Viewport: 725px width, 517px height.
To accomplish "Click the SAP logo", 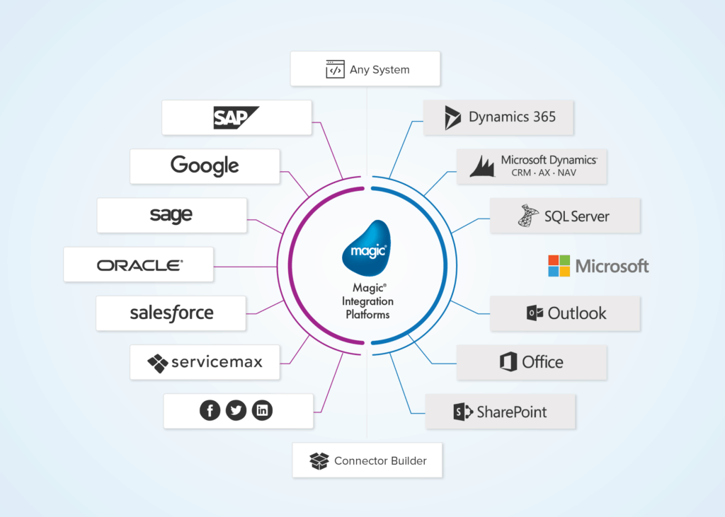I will click(236, 117).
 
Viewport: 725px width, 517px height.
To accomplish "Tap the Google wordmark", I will click(205, 166).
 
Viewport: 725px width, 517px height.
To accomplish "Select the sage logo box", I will click(171, 215).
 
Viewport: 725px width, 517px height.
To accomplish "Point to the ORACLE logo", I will click(139, 265).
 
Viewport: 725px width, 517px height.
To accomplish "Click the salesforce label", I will click(171, 313).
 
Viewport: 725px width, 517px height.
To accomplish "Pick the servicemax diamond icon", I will click(157, 363).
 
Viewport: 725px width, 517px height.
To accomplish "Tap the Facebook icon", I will click(210, 410).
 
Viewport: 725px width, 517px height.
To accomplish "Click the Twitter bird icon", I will click(236, 410).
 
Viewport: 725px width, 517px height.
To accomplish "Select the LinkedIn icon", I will click(262, 410).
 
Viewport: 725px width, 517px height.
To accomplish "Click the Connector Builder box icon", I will click(319, 461).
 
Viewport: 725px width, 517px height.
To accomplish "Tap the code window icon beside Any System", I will click(335, 69).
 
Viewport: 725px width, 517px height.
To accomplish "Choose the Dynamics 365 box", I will click(498, 117).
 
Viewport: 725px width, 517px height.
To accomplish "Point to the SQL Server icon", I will click(527, 216).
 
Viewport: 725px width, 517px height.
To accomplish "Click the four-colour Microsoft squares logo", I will click(559, 266).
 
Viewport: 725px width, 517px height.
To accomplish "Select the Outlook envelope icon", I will click(535, 313).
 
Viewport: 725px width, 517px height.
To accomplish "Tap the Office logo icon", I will click(508, 362).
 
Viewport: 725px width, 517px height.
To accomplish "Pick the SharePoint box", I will click(500, 412).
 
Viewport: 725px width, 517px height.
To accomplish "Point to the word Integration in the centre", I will click(367, 301).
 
